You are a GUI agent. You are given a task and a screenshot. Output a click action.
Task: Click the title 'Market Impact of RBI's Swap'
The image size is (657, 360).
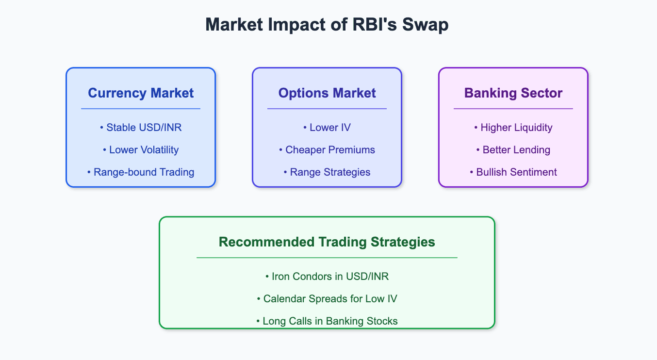click(327, 25)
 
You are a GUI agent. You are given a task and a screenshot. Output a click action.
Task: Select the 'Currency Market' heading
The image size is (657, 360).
click(141, 93)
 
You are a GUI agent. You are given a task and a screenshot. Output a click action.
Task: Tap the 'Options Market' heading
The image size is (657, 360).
click(327, 93)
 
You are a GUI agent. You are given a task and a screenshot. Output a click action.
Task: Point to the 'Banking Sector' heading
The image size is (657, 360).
click(513, 93)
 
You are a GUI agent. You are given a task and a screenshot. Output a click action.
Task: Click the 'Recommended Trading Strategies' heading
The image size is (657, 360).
click(327, 242)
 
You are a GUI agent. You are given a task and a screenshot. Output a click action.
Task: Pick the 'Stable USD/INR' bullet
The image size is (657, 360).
click(141, 128)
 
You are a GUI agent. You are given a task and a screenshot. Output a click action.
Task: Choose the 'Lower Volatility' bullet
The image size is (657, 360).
click(141, 150)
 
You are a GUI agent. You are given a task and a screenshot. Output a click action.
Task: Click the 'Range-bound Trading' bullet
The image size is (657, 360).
click(141, 172)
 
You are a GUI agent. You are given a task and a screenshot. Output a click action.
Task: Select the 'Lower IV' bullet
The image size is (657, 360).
click(327, 128)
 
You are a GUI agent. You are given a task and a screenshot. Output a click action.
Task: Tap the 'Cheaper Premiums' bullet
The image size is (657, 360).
click(327, 150)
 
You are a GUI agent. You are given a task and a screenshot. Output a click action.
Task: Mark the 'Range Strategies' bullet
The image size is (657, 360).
click(327, 172)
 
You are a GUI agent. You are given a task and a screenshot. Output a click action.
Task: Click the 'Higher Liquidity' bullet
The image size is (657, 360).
click(513, 128)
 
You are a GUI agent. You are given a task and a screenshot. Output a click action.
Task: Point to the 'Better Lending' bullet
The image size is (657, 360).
click(513, 150)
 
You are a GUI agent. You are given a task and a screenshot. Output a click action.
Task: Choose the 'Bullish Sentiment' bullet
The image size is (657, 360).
click(513, 172)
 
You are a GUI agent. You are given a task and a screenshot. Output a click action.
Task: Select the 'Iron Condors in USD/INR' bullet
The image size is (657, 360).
click(327, 277)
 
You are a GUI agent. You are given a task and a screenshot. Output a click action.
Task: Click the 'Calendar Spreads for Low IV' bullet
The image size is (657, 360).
click(327, 299)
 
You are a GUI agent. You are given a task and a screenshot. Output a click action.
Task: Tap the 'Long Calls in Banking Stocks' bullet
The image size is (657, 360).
click(327, 321)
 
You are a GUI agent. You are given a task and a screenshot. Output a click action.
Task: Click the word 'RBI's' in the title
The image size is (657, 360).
click(375, 25)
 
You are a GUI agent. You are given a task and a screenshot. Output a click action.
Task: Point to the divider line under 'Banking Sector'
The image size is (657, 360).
click(513, 109)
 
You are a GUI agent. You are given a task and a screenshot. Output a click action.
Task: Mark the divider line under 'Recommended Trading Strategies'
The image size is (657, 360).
click(327, 258)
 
